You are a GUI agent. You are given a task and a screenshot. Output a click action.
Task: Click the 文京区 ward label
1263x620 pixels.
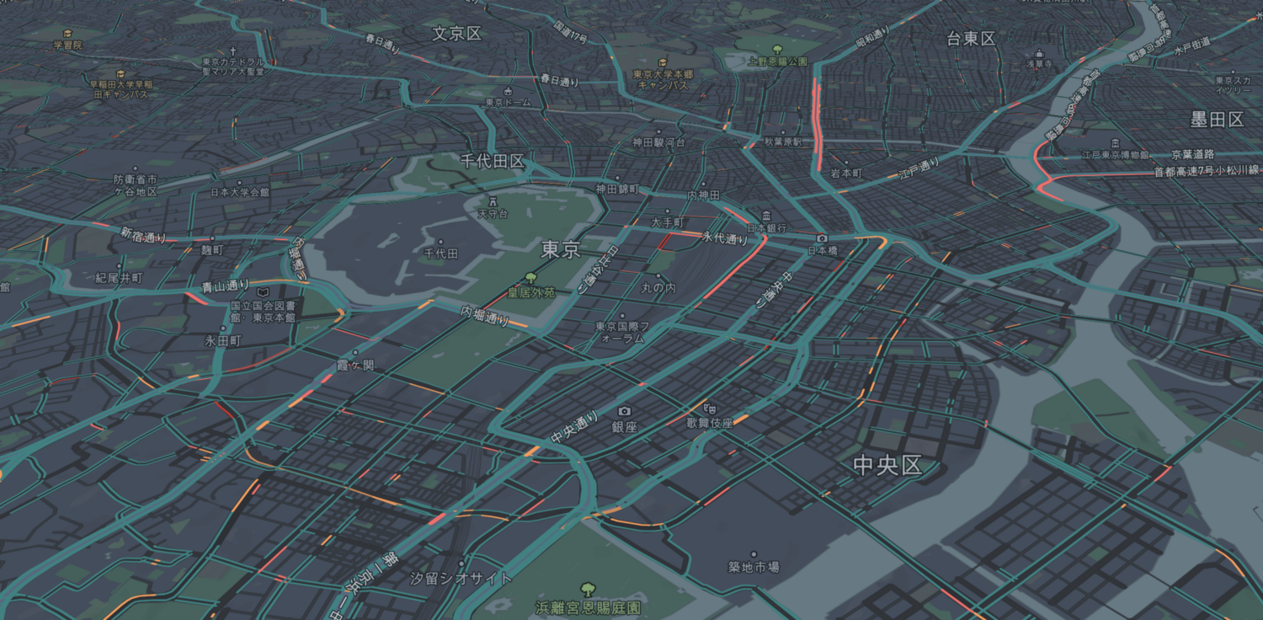(456, 34)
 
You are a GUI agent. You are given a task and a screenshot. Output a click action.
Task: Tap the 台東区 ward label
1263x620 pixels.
(971, 39)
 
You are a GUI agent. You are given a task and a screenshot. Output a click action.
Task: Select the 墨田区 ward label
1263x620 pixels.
(1217, 120)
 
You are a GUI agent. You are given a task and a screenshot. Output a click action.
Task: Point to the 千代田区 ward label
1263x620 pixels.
(493, 161)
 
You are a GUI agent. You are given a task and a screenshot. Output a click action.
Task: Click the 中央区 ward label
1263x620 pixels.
(887, 465)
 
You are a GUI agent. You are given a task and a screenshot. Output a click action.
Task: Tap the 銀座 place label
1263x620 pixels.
(624, 427)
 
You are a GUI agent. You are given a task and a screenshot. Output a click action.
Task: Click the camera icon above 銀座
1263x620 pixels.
(624, 411)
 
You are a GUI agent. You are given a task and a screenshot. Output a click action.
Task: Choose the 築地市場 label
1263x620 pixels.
(754, 567)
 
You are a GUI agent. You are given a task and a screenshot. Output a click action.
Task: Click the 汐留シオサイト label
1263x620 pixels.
(461, 579)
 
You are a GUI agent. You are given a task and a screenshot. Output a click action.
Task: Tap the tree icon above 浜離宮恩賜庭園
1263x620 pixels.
(588, 590)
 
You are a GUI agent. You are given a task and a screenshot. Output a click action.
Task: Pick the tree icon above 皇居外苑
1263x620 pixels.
(530, 278)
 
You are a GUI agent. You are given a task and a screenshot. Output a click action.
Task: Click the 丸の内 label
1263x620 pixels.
(658, 288)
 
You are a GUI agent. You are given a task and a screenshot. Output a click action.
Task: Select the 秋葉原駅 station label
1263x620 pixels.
(782, 142)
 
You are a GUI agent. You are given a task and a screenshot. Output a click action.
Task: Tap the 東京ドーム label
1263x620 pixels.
(509, 102)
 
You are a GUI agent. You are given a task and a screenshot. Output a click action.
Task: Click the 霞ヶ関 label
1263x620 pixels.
(354, 366)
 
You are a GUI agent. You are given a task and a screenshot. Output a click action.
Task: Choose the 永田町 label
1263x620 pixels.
(223, 341)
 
